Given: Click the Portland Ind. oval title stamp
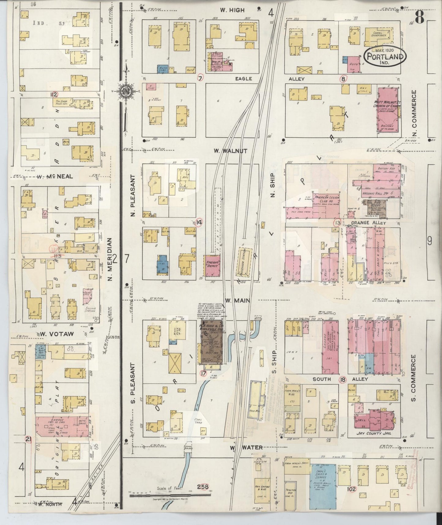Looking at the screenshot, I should point(385,57).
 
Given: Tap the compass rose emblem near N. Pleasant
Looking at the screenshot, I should point(125,91).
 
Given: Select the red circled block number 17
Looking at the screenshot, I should point(203,373).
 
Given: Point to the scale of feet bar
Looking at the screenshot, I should point(170,495).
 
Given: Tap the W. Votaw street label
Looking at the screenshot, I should point(54,334).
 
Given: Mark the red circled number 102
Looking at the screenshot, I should point(351,489).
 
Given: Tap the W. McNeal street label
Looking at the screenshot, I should point(54,176).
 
